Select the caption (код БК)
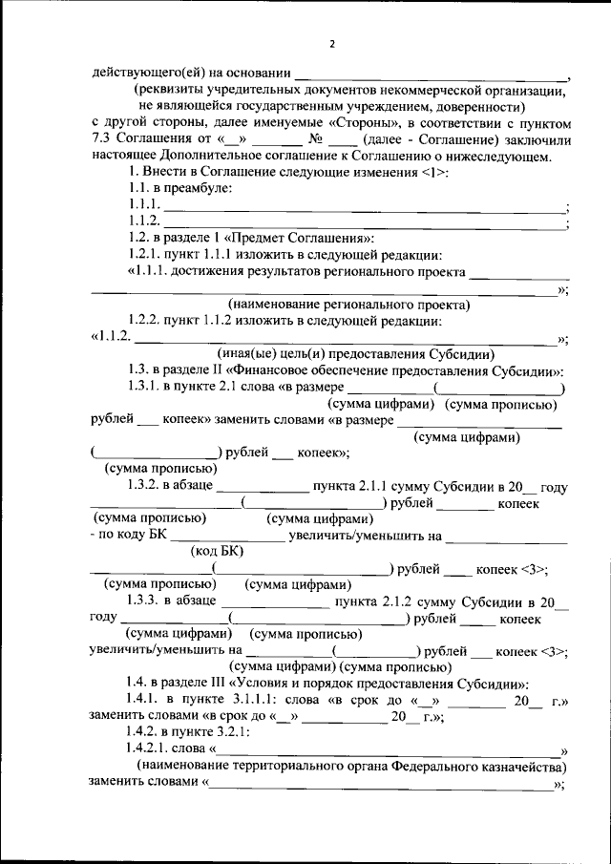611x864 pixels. coord(217,552)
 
